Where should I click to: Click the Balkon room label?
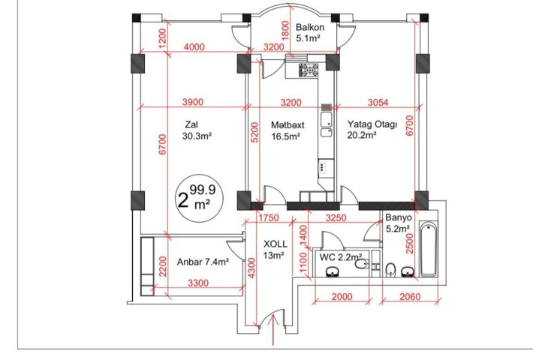point(310,27)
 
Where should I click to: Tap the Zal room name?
point(191,124)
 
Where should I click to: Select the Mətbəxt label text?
point(288,125)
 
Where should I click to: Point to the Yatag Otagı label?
point(372,124)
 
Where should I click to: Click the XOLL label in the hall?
point(275,244)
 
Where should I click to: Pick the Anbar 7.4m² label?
point(203,262)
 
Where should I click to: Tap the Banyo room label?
point(399,217)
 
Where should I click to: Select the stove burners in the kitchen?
point(309,70)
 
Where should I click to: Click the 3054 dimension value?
point(378,102)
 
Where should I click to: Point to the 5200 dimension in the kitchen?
point(254,132)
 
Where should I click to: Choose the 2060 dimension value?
point(410,297)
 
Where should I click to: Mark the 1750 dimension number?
point(269,218)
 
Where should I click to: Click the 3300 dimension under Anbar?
point(198,283)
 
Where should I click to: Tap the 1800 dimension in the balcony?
point(285,31)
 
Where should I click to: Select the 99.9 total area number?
point(203,190)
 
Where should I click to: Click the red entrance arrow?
point(273,329)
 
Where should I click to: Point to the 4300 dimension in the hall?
point(251,268)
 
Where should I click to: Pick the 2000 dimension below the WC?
point(342,297)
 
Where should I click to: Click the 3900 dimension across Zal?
point(193,102)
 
